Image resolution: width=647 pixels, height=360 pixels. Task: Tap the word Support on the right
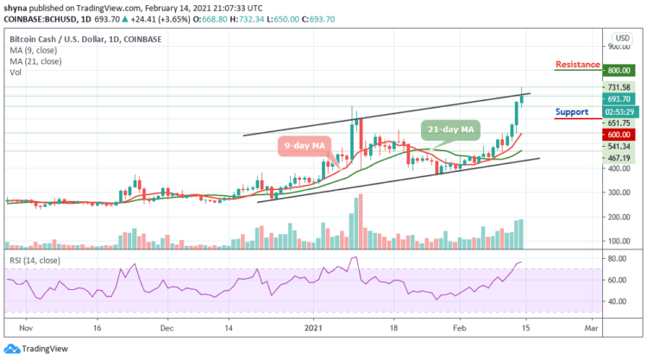point(572,112)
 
